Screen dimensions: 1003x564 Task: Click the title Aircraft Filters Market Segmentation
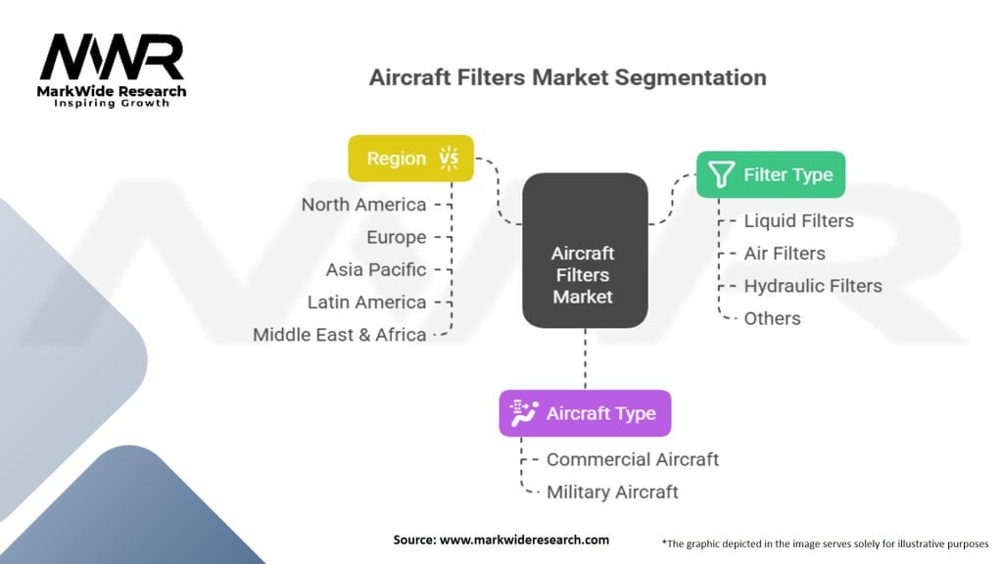click(x=567, y=77)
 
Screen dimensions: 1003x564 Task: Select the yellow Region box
click(x=410, y=159)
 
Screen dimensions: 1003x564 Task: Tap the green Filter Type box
click(x=770, y=175)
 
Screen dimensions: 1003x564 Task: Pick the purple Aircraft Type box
click(x=585, y=413)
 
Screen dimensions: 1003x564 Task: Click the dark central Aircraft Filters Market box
click(x=585, y=251)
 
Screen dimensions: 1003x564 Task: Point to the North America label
click(x=363, y=205)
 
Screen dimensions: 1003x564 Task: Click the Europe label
click(x=396, y=237)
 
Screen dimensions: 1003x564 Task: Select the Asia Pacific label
click(x=376, y=269)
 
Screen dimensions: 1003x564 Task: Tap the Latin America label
click(x=366, y=302)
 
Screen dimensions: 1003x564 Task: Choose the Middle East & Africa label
click(x=340, y=334)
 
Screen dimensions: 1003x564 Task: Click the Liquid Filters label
click(x=798, y=221)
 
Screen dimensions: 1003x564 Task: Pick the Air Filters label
click(x=784, y=254)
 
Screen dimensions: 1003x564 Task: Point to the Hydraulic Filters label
click(x=812, y=286)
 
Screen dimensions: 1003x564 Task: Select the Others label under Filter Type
click(x=772, y=318)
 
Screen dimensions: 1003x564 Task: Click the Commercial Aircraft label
click(x=632, y=459)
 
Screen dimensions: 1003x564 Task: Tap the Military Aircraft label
click(x=612, y=492)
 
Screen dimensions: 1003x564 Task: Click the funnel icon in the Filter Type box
click(x=721, y=175)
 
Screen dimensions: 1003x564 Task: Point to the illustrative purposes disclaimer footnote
click(x=826, y=541)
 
